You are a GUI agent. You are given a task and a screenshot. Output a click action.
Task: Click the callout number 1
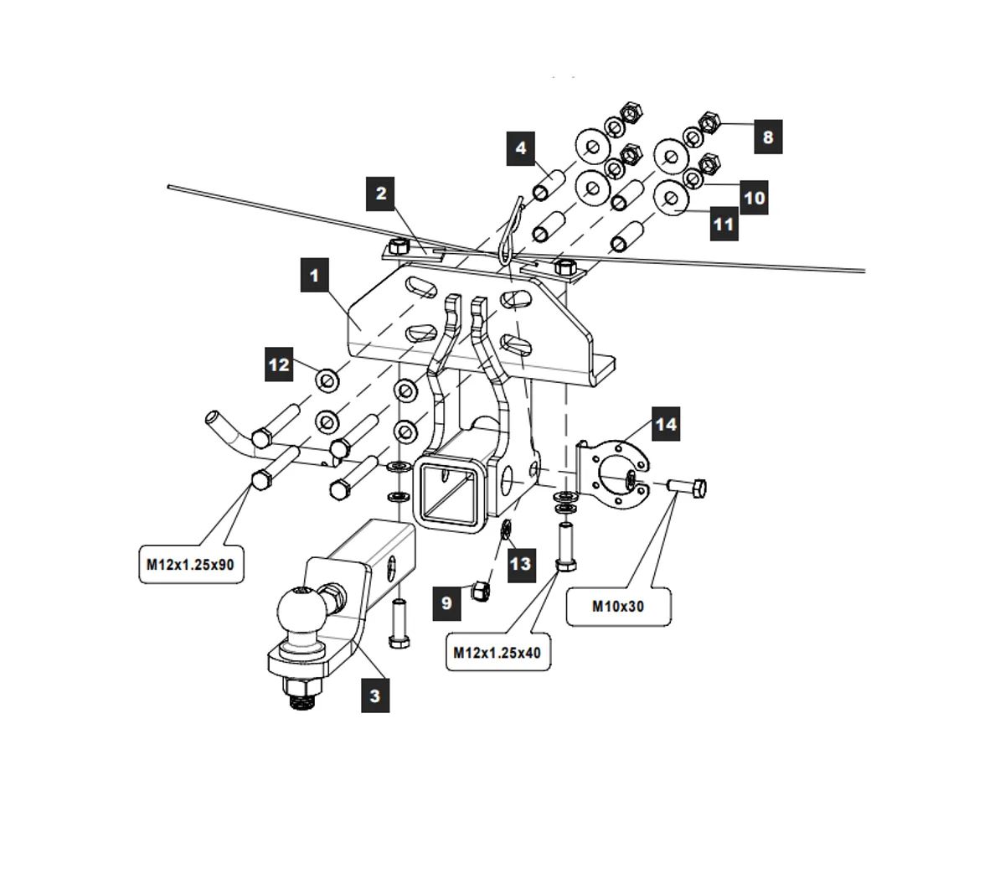[314, 275]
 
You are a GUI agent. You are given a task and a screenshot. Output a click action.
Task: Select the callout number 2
[381, 194]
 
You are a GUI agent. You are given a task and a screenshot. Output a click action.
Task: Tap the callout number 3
[374, 695]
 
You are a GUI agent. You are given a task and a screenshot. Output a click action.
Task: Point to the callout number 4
[521, 148]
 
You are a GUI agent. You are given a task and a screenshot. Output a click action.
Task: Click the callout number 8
[768, 137]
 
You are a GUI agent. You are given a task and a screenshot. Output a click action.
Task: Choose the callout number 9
[446, 603]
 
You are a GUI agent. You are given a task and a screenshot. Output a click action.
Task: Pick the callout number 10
[754, 198]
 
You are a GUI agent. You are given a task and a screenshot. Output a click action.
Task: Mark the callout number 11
[724, 225]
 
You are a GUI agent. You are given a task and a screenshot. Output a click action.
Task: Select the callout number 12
[279, 365]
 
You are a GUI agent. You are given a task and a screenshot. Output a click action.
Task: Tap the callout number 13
[520, 563]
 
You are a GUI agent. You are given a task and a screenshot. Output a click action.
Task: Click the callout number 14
[666, 424]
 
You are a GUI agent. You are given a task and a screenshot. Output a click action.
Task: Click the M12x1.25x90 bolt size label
[190, 564]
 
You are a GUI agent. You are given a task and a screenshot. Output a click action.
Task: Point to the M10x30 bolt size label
[618, 606]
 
